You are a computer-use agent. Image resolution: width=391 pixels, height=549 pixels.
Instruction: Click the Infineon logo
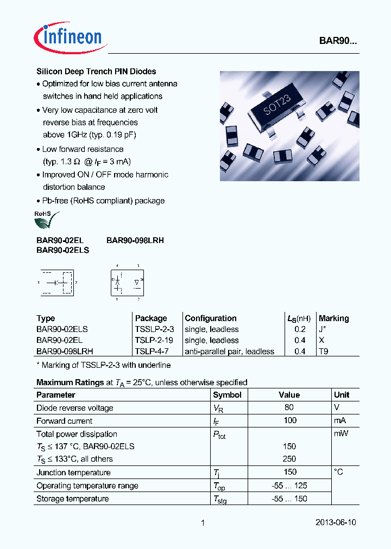68,36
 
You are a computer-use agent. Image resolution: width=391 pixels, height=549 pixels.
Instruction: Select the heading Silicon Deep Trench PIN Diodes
96,71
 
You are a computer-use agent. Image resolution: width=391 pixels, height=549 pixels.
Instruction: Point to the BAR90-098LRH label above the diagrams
135,240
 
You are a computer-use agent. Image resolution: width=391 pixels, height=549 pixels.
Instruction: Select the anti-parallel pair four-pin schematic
128,282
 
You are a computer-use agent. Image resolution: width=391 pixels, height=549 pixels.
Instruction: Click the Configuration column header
211,318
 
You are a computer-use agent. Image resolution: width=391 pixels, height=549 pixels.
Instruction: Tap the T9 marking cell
323,352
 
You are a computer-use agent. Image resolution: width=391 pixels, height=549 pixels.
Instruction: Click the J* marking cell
323,329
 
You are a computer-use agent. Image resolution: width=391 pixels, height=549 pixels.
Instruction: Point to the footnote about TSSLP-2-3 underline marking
103,365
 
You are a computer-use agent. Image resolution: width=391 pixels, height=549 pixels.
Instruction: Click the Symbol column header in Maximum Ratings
227,395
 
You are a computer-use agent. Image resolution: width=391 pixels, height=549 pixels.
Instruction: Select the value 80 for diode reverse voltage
289,407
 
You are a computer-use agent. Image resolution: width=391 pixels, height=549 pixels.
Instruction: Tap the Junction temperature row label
73,473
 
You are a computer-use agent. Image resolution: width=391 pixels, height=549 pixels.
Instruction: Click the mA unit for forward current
340,420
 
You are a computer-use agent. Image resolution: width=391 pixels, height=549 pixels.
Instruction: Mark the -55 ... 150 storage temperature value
289,499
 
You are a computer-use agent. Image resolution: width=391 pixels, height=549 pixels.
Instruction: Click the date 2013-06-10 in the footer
336,522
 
